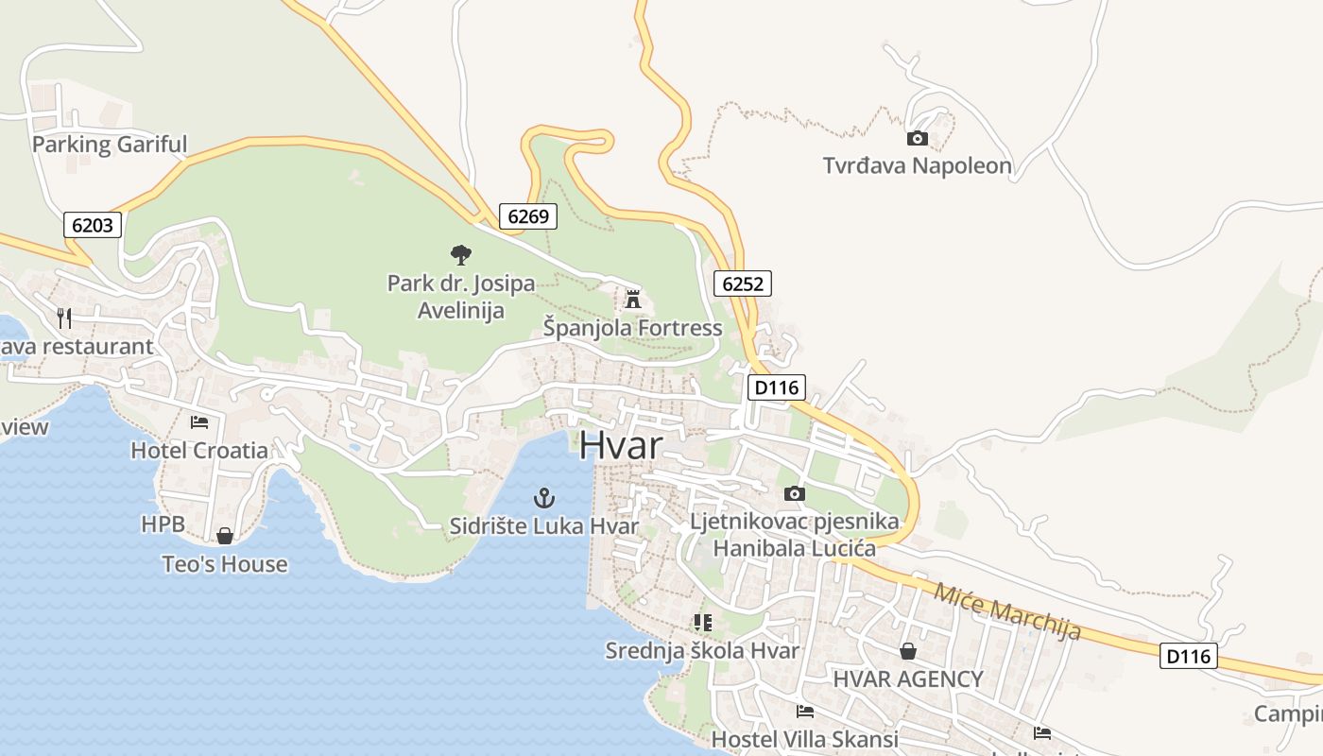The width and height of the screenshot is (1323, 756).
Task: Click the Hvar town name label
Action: [620, 445]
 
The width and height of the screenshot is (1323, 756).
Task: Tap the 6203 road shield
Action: [94, 225]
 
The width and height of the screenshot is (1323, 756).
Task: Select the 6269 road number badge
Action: [527, 216]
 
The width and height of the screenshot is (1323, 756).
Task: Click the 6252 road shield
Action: [743, 283]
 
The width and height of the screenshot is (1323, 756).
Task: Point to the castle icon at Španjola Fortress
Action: [633, 300]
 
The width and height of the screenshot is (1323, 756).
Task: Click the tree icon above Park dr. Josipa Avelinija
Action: [461, 254]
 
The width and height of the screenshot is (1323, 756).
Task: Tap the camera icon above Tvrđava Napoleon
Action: [917, 139]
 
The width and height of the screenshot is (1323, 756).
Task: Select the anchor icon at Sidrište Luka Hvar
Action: [543, 497]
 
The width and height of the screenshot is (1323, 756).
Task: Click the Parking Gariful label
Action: [110, 145]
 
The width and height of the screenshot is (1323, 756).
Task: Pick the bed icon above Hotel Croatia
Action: [199, 421]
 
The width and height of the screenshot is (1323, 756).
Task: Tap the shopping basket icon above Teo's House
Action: [225, 536]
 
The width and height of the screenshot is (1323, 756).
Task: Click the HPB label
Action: [163, 524]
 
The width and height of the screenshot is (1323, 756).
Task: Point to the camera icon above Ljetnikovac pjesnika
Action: [795, 493]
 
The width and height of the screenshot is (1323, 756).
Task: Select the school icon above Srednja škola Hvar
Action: [702, 622]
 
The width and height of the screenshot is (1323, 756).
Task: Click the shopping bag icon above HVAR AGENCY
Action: [908, 651]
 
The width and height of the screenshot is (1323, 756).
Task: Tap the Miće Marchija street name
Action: [1006, 611]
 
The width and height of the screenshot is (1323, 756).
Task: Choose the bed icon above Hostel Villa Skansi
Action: [805, 711]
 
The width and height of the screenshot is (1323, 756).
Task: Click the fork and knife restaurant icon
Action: [64, 318]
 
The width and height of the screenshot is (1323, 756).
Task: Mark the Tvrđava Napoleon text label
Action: [917, 166]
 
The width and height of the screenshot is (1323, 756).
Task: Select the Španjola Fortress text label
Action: [632, 328]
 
